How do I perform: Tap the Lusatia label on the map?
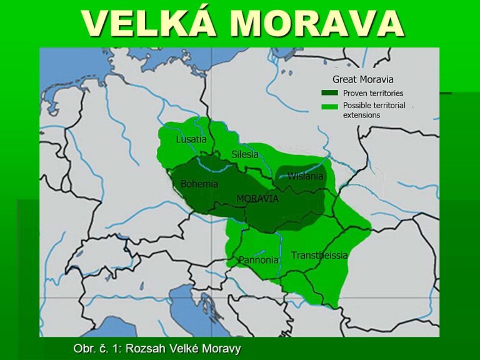point(191,139)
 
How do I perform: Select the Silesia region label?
point(244,154)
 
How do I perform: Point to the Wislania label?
point(305,176)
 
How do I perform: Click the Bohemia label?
point(199,184)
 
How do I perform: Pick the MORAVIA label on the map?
point(257,198)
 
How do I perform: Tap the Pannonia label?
point(258,260)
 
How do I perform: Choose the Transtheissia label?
point(319,256)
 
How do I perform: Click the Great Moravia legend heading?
point(362,79)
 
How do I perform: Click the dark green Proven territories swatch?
point(329,93)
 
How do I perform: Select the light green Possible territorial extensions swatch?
point(329,106)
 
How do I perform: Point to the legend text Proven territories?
point(373,93)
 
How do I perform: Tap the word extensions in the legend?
point(361,115)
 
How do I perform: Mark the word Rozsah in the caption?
point(145,348)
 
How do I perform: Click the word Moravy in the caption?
point(222,348)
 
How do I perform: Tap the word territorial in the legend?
point(390,106)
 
